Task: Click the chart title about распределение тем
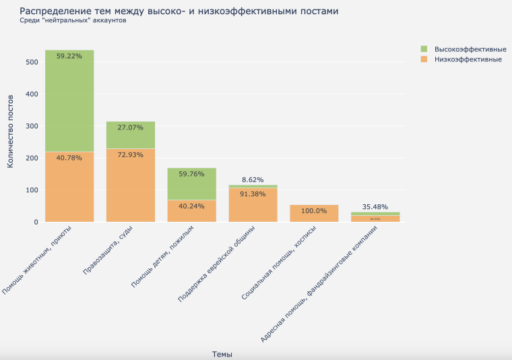tap(179, 11)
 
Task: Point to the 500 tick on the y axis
tap(32, 62)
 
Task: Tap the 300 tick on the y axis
tap(32, 126)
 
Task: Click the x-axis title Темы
tap(222, 353)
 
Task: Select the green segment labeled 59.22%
tap(69, 101)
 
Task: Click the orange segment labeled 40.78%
tap(69, 185)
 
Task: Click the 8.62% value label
tap(253, 179)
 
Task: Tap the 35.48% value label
tap(375, 206)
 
